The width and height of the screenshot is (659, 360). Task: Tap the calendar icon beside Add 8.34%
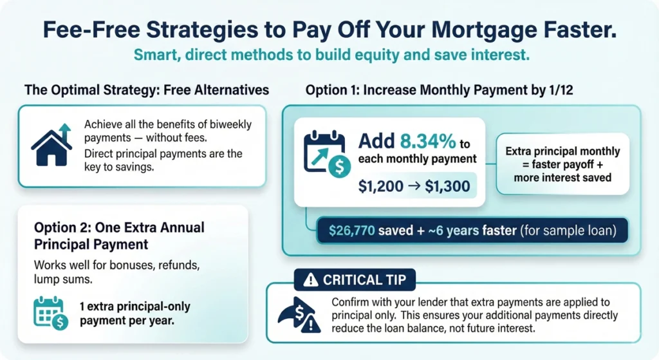[323, 152]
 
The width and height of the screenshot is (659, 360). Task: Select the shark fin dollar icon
[298, 315]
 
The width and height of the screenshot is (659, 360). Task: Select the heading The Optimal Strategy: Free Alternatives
[147, 90]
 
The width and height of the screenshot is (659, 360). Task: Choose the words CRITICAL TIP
[360, 280]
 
